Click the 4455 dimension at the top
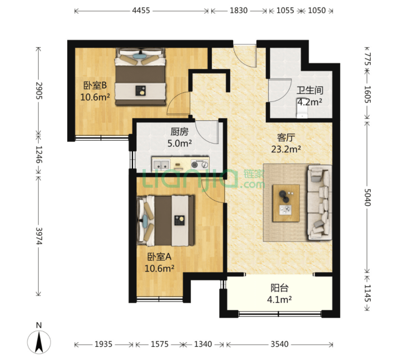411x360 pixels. click(x=141, y=10)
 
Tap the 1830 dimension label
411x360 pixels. click(x=239, y=10)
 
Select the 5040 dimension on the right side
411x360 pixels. click(x=368, y=197)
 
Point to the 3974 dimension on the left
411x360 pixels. click(x=39, y=236)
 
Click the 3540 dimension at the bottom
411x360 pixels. click(x=280, y=344)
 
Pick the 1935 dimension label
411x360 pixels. click(x=103, y=344)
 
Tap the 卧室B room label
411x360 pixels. click(x=95, y=85)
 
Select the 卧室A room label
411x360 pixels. click(x=159, y=257)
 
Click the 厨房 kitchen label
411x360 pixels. click(x=180, y=132)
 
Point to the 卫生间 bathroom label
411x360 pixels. click(x=310, y=90)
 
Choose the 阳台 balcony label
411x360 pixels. click(x=279, y=288)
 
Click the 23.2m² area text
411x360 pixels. click(x=286, y=149)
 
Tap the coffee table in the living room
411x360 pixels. click(x=286, y=203)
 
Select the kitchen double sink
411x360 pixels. click(x=161, y=165)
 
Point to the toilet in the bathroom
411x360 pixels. click(x=302, y=109)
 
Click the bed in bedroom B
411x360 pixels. click(x=140, y=77)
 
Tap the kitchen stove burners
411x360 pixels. click(x=199, y=164)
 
